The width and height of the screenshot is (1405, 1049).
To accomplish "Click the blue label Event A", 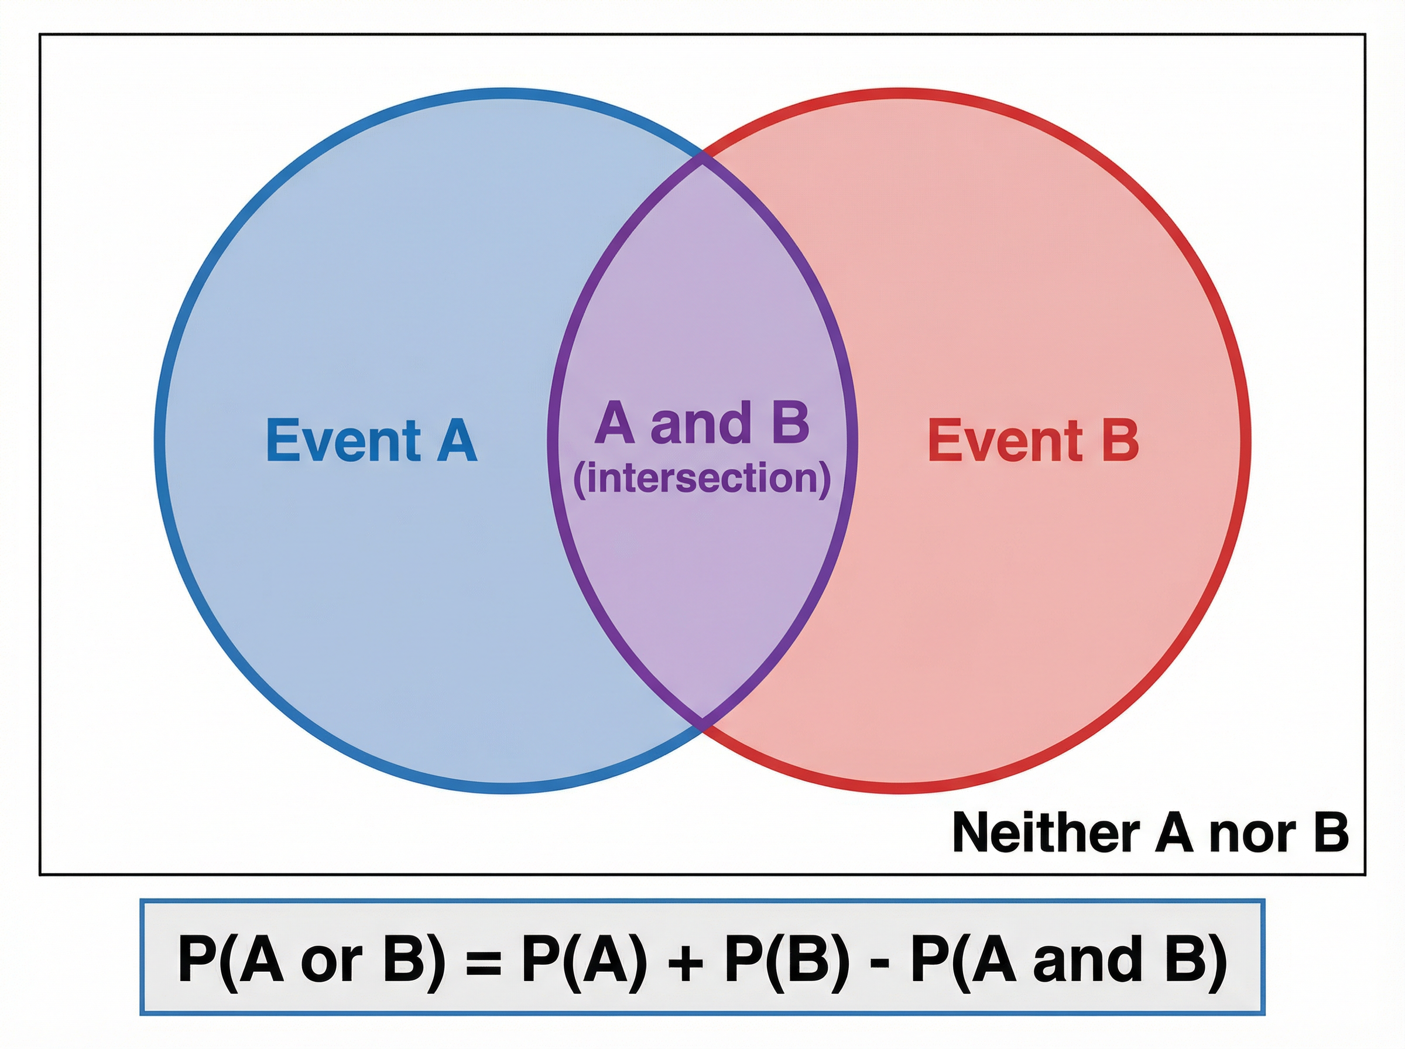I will click(x=371, y=441).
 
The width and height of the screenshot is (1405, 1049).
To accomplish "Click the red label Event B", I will click(x=1033, y=441).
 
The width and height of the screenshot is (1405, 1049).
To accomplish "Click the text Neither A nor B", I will click(x=1150, y=832).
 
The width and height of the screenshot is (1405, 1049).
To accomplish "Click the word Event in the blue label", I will click(x=343, y=441).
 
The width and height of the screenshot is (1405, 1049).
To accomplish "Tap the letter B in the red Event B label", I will click(x=1120, y=441).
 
